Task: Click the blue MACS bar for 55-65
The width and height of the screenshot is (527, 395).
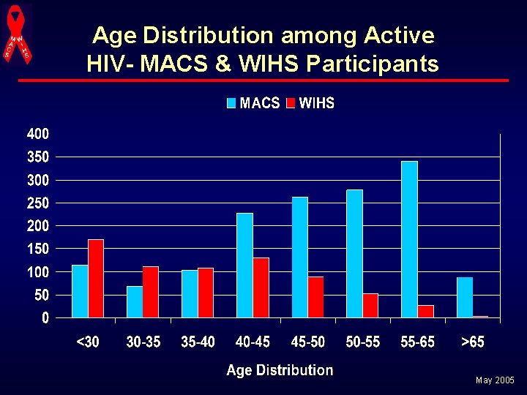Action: click(409, 239)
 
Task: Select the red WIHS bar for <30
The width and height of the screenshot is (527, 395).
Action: click(96, 279)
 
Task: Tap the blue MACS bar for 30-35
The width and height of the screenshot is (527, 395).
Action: click(135, 302)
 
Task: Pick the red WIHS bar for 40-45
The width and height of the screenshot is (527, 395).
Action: click(261, 287)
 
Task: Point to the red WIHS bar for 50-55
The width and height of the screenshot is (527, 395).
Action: click(370, 306)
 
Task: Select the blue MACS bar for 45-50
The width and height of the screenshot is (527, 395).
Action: click(299, 257)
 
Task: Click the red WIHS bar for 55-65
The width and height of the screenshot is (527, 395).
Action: click(425, 312)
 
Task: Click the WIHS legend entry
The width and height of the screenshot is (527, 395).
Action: click(310, 103)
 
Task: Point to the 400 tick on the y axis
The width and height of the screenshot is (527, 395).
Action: click(38, 134)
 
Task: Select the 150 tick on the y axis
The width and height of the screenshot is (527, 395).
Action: click(38, 249)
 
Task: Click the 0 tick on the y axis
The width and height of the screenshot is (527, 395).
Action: click(45, 318)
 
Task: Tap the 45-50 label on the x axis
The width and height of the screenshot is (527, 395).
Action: click(307, 342)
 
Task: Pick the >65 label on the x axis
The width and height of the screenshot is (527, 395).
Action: click(472, 342)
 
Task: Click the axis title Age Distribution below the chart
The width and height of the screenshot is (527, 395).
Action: click(280, 370)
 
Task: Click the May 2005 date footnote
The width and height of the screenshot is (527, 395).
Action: click(495, 381)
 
